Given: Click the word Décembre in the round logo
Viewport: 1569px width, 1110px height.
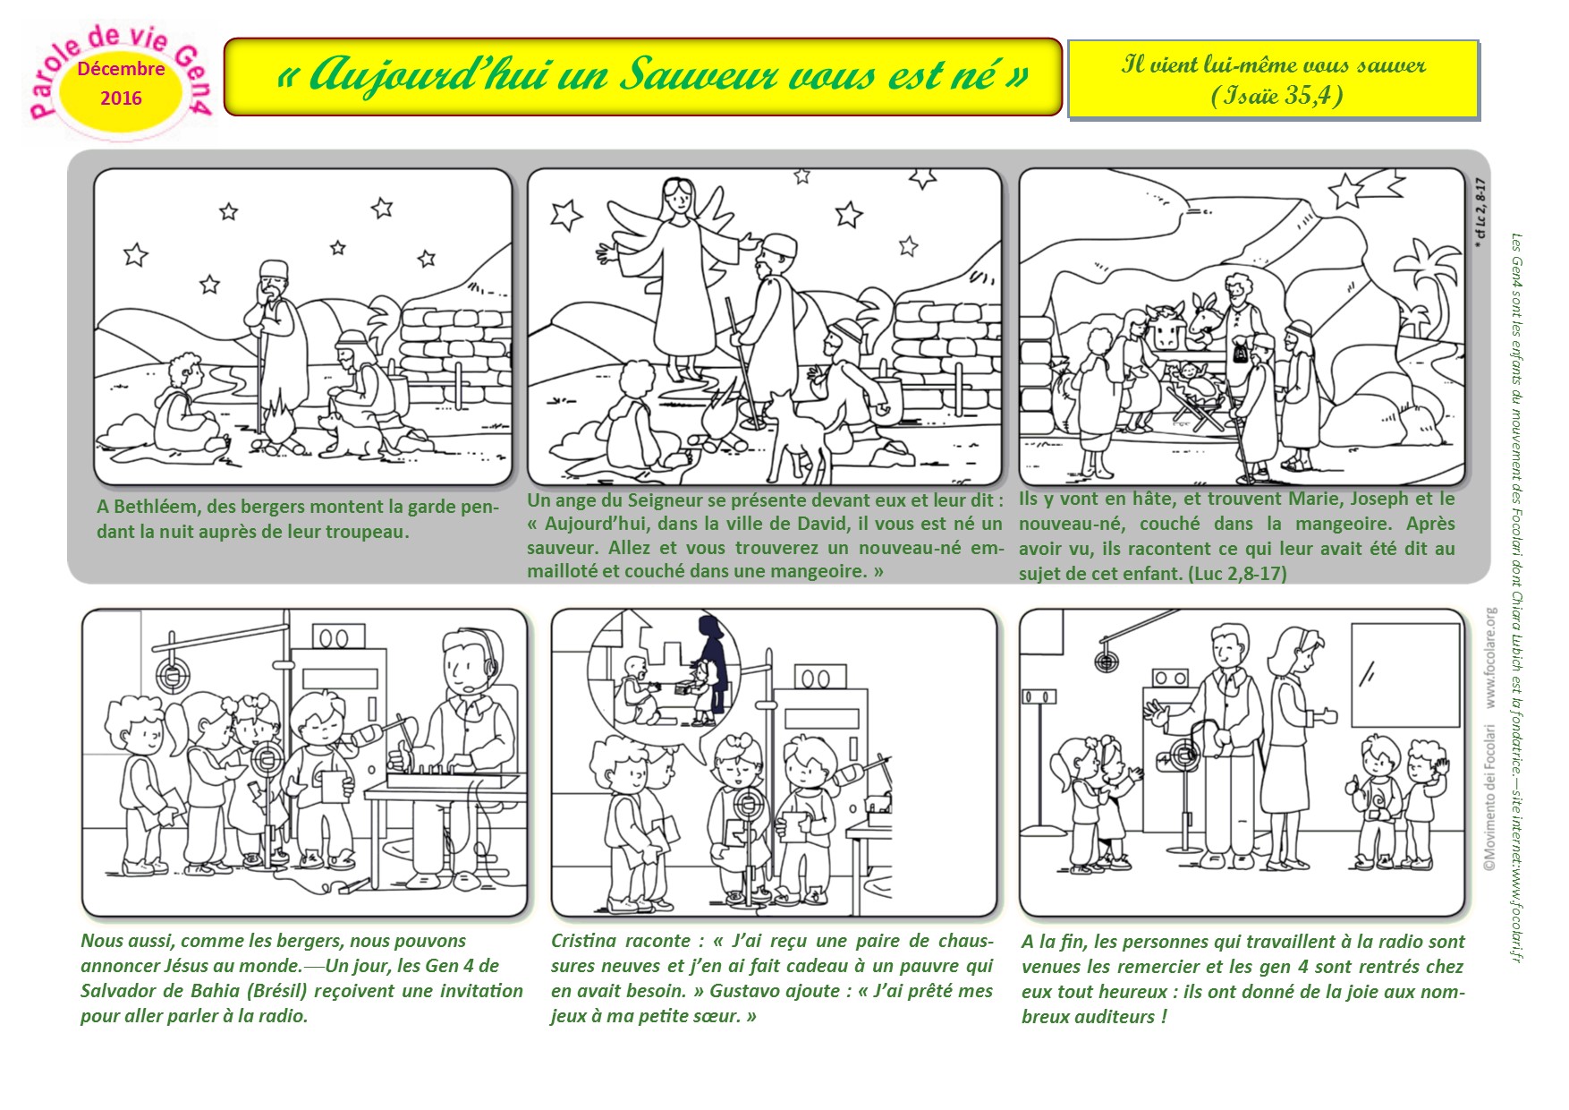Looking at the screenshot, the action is (121, 69).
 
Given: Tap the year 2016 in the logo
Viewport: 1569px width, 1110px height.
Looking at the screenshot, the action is (121, 98).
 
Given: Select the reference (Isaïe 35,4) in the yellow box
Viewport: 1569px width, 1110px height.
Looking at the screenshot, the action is (1276, 95).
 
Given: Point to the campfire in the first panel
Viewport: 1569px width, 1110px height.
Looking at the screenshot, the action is (278, 430).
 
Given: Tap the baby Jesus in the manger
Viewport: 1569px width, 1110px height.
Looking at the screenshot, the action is (1193, 377).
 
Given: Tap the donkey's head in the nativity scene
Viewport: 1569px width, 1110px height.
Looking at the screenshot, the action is (1204, 319).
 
